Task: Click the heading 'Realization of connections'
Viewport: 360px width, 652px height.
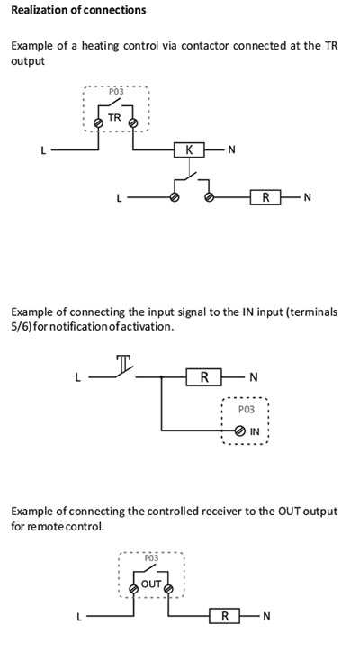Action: click(78, 10)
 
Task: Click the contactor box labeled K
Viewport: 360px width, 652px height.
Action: click(189, 149)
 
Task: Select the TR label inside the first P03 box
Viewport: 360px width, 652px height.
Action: click(114, 118)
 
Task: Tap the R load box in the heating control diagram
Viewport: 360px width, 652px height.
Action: click(265, 197)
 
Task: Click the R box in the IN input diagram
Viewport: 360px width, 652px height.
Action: click(203, 377)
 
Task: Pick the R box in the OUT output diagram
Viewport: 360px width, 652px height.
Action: click(225, 616)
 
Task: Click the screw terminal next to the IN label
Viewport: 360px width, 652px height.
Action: click(239, 431)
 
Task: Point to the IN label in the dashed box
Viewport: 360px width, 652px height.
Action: click(255, 431)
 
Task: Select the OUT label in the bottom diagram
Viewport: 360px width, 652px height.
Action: click(151, 584)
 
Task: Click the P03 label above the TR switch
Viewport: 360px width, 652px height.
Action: click(116, 92)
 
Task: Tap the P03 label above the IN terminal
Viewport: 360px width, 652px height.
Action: click(247, 410)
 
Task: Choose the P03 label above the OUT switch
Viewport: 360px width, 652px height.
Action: click(151, 558)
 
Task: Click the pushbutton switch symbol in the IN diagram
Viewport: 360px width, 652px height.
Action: click(124, 367)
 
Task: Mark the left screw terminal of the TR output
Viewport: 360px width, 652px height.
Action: click(98, 123)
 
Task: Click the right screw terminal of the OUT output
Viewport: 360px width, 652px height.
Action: click(168, 590)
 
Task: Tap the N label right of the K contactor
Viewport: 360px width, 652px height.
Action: click(232, 149)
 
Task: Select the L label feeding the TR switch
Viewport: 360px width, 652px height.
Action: click(43, 150)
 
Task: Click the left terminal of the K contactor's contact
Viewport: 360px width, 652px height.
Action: click(175, 197)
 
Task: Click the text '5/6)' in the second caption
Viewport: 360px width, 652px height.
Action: click(21, 326)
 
